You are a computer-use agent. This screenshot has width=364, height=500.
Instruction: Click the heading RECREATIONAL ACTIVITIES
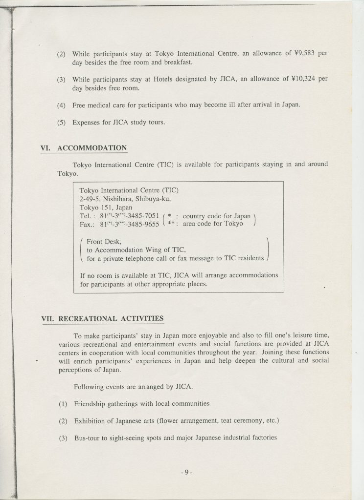click(111, 318)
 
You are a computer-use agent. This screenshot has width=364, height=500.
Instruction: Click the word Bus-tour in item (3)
click(87, 437)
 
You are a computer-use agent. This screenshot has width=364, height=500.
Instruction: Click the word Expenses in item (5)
click(87, 122)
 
